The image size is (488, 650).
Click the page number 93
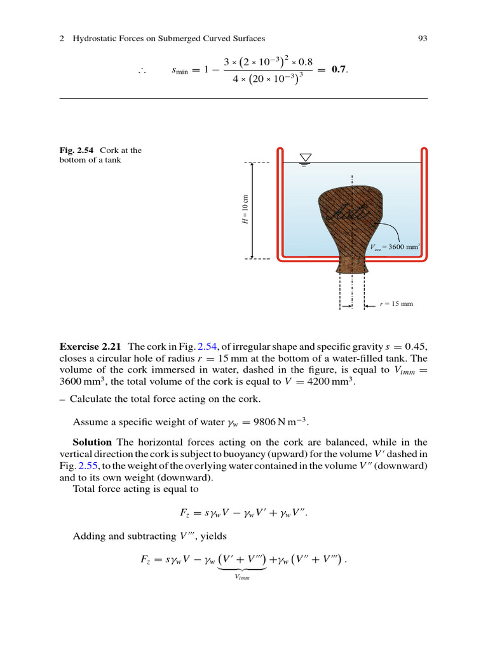click(x=422, y=39)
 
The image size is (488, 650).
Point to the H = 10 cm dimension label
click(x=246, y=211)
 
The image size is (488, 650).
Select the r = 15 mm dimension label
click(x=396, y=303)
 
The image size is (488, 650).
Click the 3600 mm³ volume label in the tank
click(x=395, y=246)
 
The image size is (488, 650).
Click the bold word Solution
click(x=92, y=442)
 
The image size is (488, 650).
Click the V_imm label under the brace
click(x=241, y=577)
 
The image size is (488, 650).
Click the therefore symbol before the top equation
click(x=142, y=71)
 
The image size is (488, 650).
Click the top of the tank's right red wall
click(x=424, y=151)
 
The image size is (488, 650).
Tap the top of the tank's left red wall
click(x=280, y=151)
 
